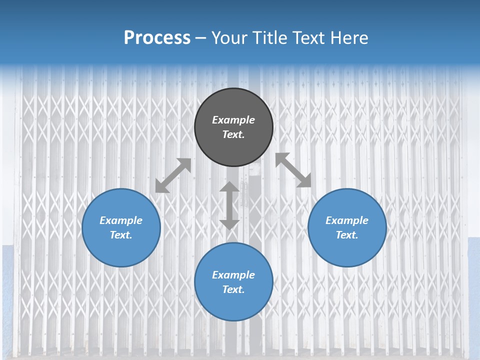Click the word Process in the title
(x=157, y=38)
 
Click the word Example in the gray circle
(x=233, y=120)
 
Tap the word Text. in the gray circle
(x=233, y=134)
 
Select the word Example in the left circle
(x=121, y=220)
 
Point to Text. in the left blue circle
(x=121, y=235)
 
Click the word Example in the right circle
(x=347, y=220)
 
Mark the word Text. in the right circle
(x=347, y=235)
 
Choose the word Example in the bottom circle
(x=233, y=275)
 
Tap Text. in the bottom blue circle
(x=233, y=289)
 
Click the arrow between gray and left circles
(x=173, y=175)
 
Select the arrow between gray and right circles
(x=293, y=170)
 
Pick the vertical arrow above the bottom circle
(x=229, y=205)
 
